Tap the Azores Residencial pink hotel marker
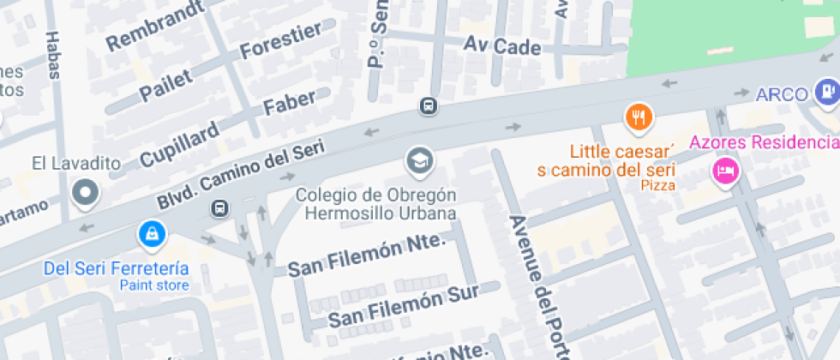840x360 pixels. pyautogui.click(x=725, y=170)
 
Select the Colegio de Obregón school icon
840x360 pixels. pyautogui.click(x=419, y=160)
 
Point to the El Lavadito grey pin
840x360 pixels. pyautogui.click(x=86, y=194)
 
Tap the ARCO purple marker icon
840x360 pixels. pyautogui.click(x=827, y=88)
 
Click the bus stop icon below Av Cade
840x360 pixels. pyautogui.click(x=428, y=106)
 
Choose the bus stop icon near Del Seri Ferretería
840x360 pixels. pyautogui.click(x=220, y=208)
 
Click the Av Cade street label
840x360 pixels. pyautogui.click(x=502, y=45)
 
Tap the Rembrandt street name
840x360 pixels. pyautogui.click(x=155, y=25)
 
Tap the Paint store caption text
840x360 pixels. pyautogui.click(x=153, y=285)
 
